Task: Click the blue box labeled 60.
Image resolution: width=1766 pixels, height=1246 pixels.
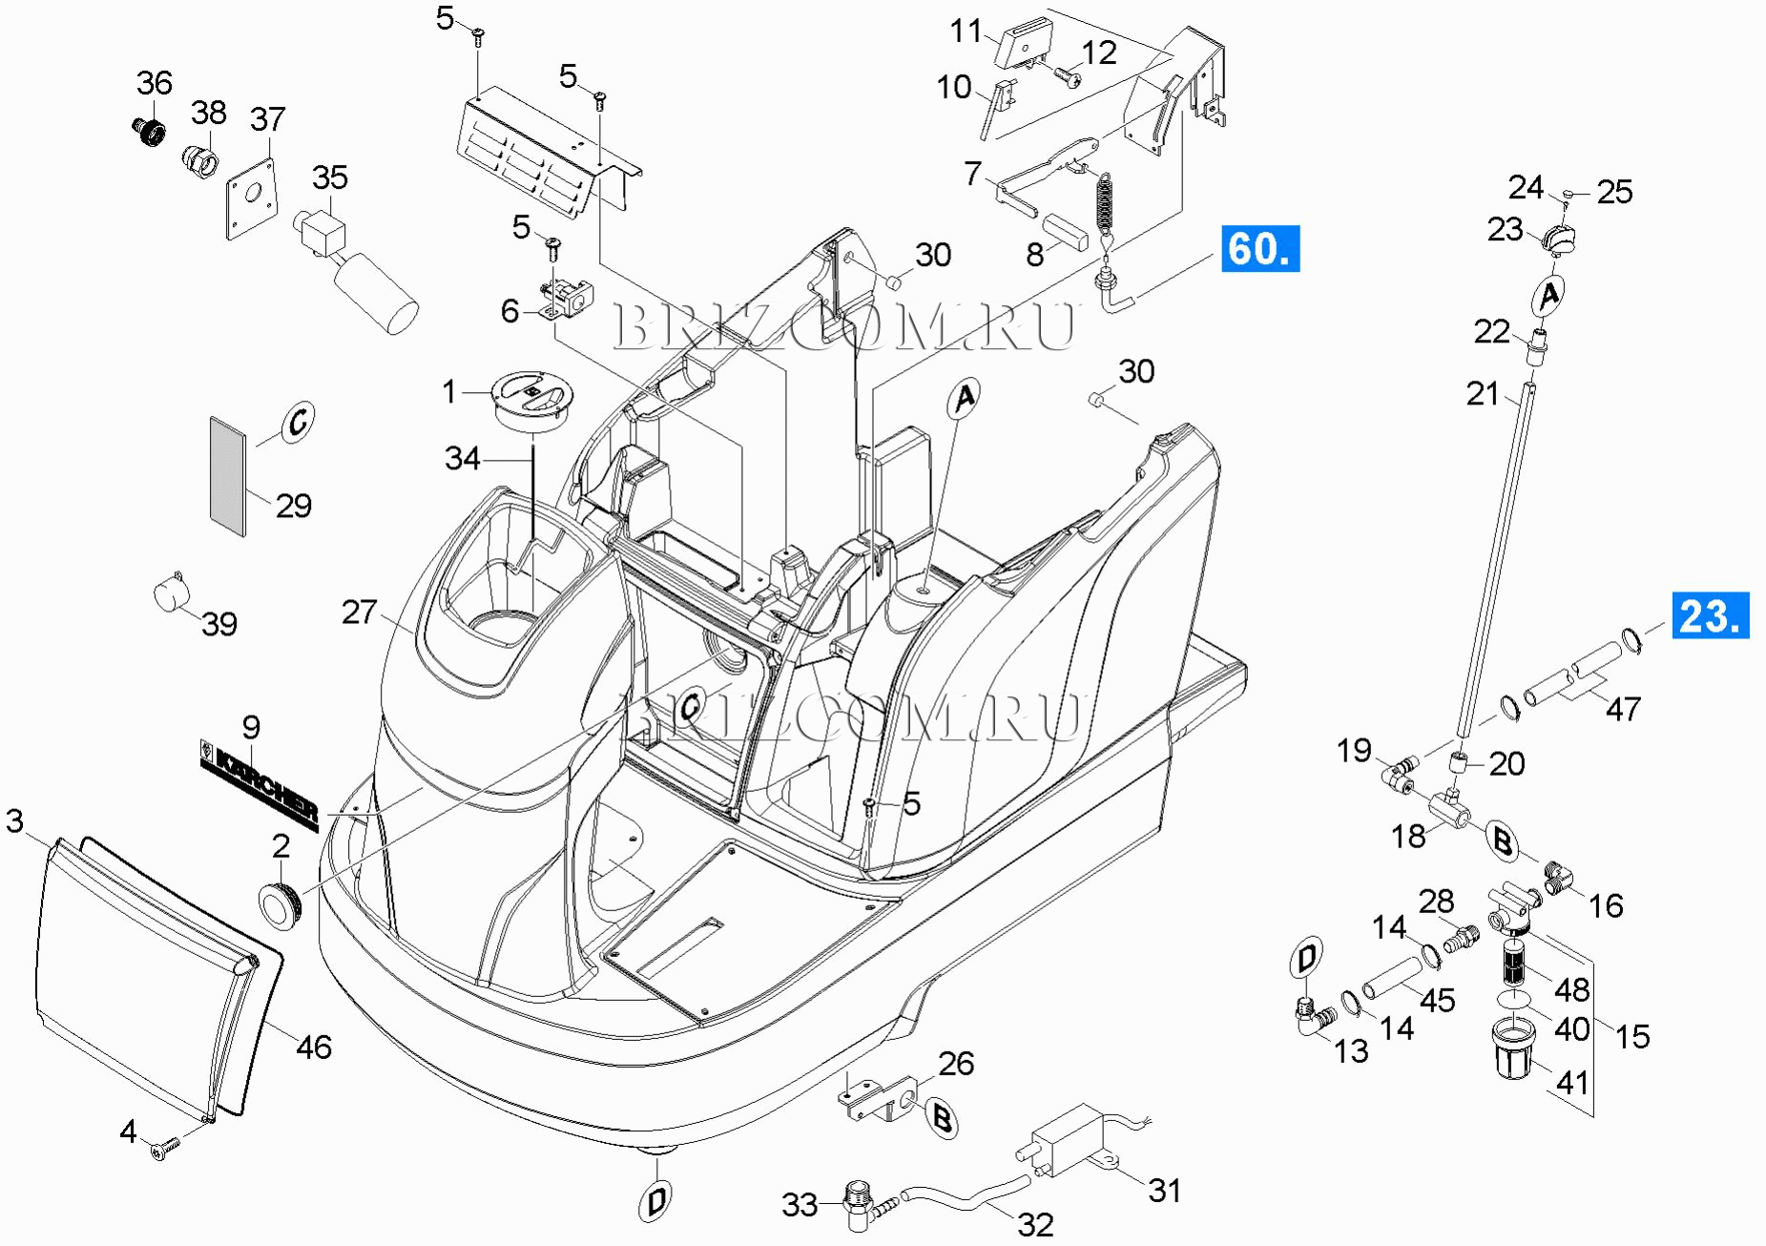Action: tap(1259, 249)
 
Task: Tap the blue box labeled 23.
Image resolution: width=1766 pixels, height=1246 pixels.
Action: tap(1710, 615)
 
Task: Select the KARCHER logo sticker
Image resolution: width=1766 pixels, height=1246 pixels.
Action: tap(259, 783)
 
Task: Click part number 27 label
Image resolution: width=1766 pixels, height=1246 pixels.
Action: tap(359, 612)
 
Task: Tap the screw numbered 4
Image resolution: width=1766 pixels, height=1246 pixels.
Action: tap(164, 1151)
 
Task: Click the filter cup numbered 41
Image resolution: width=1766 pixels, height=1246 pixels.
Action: tap(1513, 1049)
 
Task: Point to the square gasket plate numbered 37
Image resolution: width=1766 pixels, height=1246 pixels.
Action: tap(252, 197)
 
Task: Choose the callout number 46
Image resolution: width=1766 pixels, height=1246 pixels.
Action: tap(314, 1047)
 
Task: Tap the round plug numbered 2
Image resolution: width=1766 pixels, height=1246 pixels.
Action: tap(280, 903)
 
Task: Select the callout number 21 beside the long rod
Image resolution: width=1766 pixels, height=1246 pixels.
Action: tap(1483, 393)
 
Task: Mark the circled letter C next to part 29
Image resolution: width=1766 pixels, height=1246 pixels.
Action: tap(298, 421)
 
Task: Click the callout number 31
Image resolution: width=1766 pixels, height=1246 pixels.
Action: tap(1164, 1190)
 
